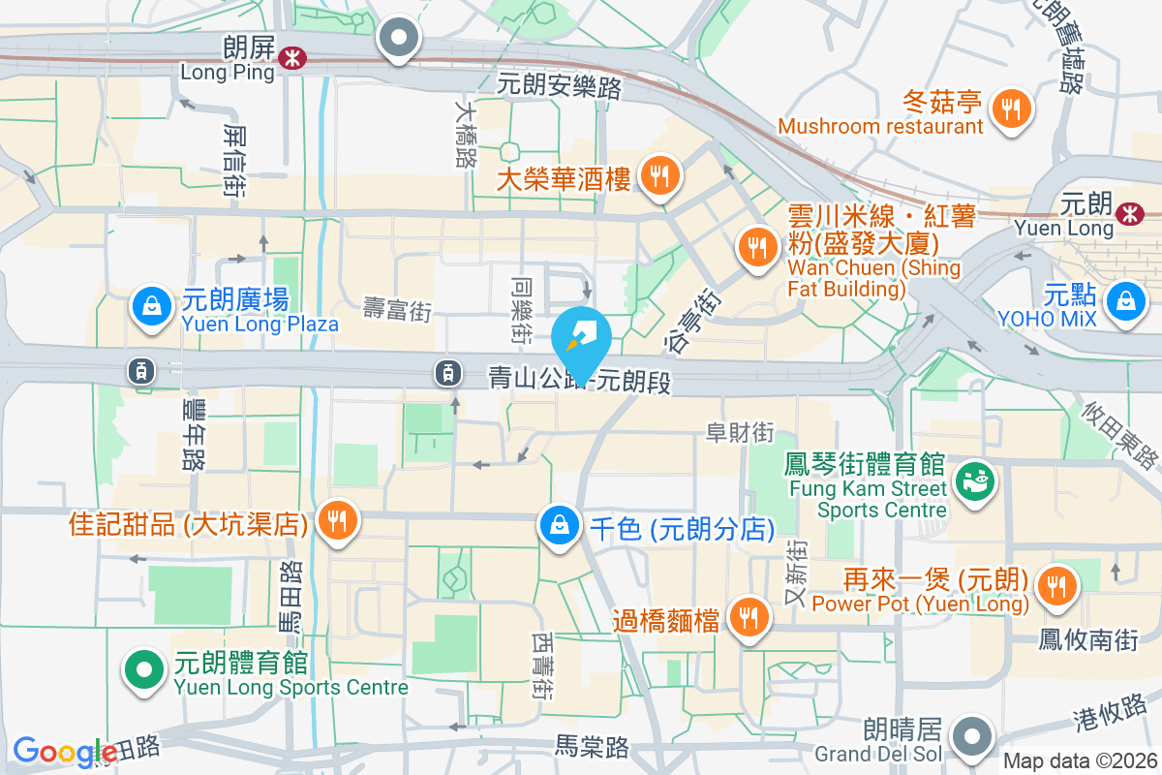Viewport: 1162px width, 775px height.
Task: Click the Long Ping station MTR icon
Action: coord(290,58)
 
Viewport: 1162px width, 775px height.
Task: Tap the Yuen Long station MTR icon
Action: coord(1128,213)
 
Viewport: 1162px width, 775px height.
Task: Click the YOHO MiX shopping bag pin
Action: coord(1127,300)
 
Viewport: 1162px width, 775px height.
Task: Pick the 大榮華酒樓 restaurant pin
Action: coord(660,176)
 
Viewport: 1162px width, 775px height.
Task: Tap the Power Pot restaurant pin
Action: coord(1054,585)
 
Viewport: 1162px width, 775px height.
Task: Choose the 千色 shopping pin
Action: coord(560,526)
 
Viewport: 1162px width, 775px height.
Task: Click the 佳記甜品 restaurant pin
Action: coord(336,521)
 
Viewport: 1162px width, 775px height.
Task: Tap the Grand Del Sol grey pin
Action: coord(969,736)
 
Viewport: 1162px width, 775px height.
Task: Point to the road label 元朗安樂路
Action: coord(559,86)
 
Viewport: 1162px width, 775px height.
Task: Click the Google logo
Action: coord(66,753)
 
